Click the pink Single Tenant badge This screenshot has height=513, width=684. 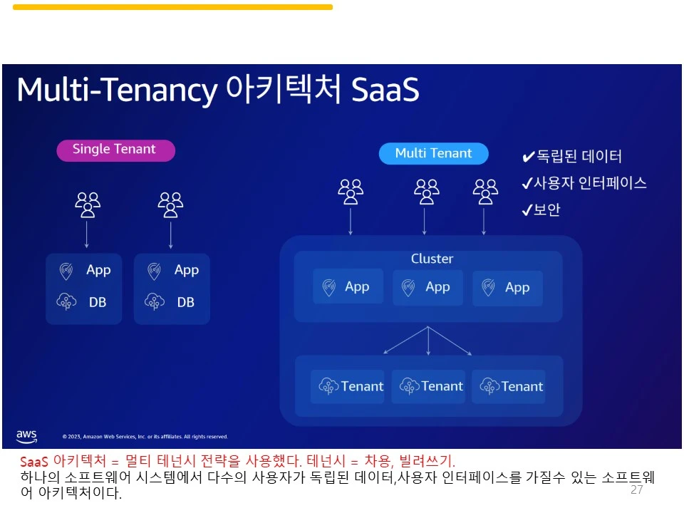coord(115,150)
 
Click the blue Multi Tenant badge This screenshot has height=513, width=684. coord(434,154)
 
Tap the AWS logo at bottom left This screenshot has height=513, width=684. coord(26,436)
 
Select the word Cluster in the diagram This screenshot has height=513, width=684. coord(432,259)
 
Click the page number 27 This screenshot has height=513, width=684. coord(636,490)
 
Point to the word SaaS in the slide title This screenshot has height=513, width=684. coord(385,90)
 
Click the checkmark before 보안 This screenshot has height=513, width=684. coord(527,210)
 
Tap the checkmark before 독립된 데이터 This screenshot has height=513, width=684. coord(528,157)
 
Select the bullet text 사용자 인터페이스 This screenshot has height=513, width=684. coord(590,183)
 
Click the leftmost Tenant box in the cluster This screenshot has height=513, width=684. coord(347,386)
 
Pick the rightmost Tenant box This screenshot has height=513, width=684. coord(508,386)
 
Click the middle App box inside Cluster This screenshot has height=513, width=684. coord(427,287)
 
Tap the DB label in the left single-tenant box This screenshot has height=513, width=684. coord(98,302)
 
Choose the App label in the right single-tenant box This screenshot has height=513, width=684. coord(186,271)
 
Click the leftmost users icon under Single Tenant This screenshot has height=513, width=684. coord(88,204)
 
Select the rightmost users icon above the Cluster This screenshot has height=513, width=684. coord(485,192)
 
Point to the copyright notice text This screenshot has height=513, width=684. coord(145,437)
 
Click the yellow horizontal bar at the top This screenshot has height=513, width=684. coord(172,7)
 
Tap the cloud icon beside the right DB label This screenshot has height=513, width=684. coord(155,301)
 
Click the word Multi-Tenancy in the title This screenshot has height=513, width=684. coord(117,90)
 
